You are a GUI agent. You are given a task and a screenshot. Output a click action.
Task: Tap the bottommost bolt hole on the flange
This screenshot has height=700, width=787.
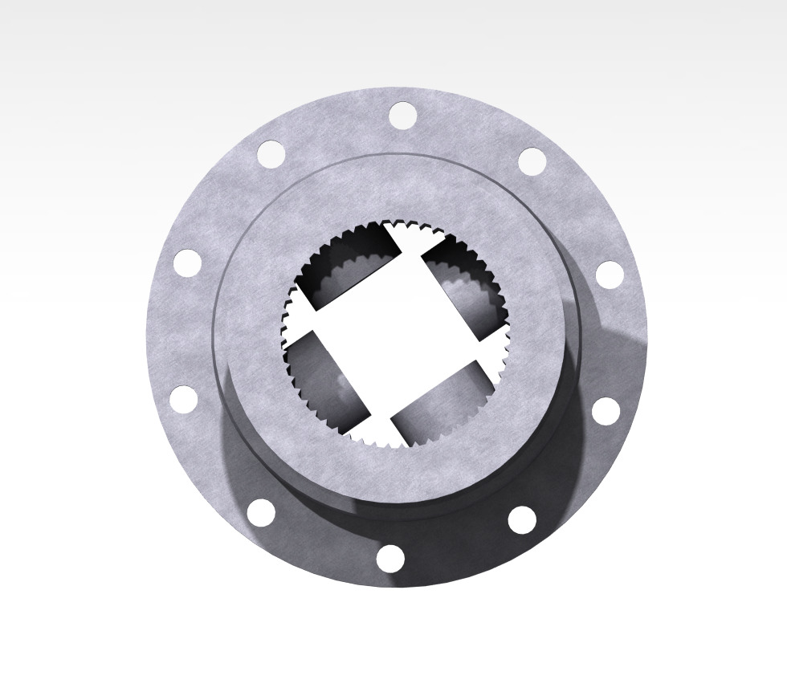point(390,558)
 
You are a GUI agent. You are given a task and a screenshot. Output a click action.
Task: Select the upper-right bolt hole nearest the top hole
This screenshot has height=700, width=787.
point(532,161)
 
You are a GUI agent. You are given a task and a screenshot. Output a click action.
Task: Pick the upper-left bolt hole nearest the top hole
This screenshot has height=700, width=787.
point(271,154)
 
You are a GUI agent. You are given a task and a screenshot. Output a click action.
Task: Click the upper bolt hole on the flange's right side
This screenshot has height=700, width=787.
point(610,275)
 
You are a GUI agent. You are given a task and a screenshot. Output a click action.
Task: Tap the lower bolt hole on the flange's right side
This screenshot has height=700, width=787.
point(606,411)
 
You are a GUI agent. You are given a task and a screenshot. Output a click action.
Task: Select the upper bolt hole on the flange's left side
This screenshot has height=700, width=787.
point(187,262)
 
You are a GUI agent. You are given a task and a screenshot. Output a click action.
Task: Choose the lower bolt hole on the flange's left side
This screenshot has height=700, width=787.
point(184,399)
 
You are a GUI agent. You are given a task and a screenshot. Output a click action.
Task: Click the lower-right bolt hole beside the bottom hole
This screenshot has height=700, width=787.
point(522,519)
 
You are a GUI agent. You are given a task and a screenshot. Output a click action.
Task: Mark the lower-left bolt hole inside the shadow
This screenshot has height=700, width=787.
point(261,512)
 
